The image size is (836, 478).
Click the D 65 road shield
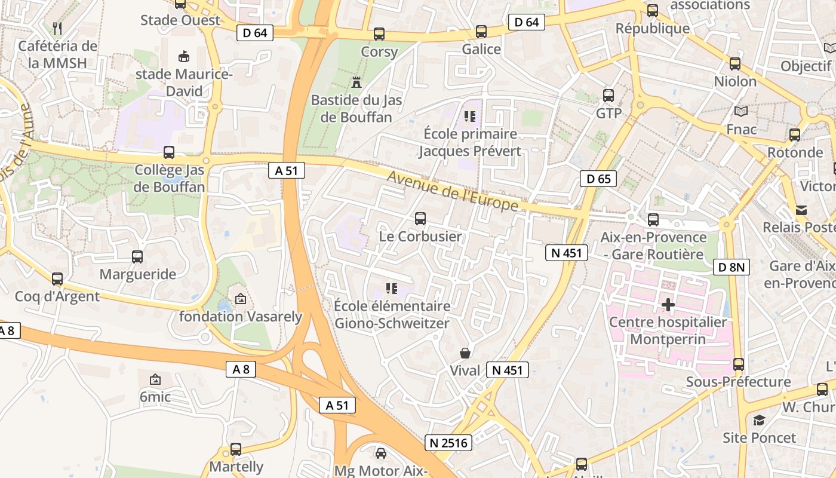tap(598, 178)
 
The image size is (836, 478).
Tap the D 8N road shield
tap(732, 267)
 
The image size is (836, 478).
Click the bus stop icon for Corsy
tap(379, 34)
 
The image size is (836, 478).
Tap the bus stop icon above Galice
tap(481, 32)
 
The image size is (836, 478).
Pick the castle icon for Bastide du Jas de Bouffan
tap(356, 82)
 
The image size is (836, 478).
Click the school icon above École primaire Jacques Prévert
tap(469, 116)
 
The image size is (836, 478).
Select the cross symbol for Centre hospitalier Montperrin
tap(668, 305)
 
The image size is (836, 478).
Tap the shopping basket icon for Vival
tap(465, 353)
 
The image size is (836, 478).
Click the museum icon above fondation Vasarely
tap(241, 299)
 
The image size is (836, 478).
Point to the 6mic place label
tap(155, 397)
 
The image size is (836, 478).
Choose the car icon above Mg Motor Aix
tap(381, 453)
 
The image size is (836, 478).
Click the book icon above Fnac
tap(741, 111)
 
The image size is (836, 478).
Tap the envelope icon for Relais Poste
tap(801, 210)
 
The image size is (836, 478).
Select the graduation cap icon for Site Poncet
tap(759, 420)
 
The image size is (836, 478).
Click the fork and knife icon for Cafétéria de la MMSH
tap(57, 28)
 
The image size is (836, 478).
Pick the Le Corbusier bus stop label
tap(420, 237)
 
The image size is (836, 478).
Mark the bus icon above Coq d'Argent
tap(57, 279)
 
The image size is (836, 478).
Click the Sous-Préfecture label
tap(738, 382)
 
